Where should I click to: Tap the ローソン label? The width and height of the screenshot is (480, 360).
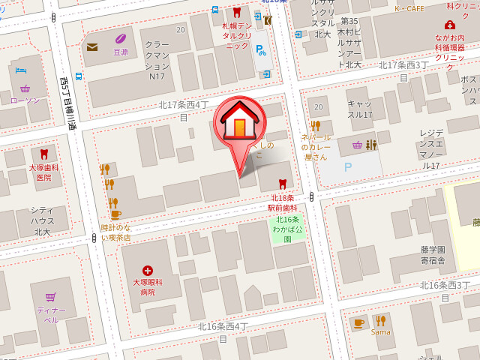click(x=25, y=100)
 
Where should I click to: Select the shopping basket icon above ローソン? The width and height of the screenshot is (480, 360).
click(x=25, y=87)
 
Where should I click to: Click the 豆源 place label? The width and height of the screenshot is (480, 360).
click(x=120, y=52)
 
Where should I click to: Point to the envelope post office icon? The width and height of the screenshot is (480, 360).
click(x=92, y=47)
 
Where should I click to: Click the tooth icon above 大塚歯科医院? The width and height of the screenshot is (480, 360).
click(x=43, y=154)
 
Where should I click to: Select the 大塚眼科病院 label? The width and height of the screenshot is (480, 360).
click(x=147, y=287)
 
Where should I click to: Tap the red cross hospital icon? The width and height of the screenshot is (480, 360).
click(x=147, y=270)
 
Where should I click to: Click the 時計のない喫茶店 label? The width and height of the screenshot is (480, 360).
click(x=115, y=232)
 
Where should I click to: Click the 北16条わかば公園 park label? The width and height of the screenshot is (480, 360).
click(x=287, y=229)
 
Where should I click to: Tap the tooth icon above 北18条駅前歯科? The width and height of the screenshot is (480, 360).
click(x=283, y=184)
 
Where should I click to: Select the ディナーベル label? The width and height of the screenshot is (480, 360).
click(x=50, y=314)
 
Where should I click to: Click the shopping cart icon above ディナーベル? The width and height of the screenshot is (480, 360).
click(x=50, y=297)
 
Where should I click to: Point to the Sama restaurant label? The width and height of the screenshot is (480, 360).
click(x=380, y=331)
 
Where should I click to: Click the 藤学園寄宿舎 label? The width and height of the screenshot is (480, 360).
click(x=433, y=255)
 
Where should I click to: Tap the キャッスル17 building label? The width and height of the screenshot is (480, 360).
click(x=360, y=109)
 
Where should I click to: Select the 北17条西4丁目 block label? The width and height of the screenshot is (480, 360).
click(x=184, y=109)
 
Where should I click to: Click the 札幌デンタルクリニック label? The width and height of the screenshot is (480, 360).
click(x=237, y=35)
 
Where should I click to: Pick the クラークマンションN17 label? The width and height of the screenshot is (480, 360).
click(x=157, y=61)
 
